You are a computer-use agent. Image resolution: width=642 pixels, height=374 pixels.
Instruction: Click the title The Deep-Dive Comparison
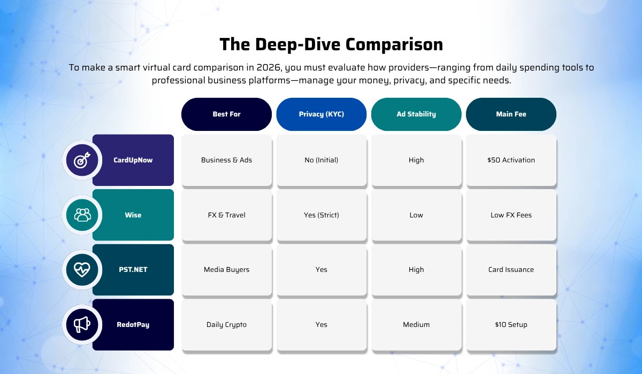[x=331, y=44]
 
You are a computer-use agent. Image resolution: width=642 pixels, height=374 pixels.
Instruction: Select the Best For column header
[x=226, y=114]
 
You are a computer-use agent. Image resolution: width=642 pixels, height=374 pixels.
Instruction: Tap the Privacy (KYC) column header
[x=321, y=114]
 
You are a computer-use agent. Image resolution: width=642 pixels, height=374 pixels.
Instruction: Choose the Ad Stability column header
[x=416, y=114]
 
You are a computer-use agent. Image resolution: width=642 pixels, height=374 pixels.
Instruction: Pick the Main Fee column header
[x=511, y=114]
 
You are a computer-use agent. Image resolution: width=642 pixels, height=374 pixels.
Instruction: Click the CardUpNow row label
[x=133, y=160]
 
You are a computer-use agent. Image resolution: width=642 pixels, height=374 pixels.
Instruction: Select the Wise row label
[x=133, y=215]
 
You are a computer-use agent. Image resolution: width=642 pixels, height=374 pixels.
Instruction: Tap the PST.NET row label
[x=133, y=270]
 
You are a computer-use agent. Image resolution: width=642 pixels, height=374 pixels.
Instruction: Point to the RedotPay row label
[x=133, y=324]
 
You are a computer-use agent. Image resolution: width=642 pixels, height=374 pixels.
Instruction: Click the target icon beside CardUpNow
[x=82, y=160]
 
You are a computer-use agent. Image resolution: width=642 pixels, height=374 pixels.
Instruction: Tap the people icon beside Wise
[x=82, y=215]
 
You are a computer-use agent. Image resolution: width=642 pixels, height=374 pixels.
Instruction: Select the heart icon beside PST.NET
[x=82, y=270]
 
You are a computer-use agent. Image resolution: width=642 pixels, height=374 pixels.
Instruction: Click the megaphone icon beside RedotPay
[x=82, y=324]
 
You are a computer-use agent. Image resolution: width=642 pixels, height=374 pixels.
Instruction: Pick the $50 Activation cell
[x=511, y=160]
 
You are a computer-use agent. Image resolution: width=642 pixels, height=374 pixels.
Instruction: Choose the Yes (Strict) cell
[x=321, y=215]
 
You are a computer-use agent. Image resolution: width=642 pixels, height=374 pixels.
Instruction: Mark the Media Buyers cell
[x=226, y=270]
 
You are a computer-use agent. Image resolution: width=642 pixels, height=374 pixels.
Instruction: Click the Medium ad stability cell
[x=416, y=325]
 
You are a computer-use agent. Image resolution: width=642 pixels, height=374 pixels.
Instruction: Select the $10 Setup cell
[x=511, y=325]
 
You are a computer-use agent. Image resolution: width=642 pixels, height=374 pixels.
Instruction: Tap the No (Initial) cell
[x=321, y=160]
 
